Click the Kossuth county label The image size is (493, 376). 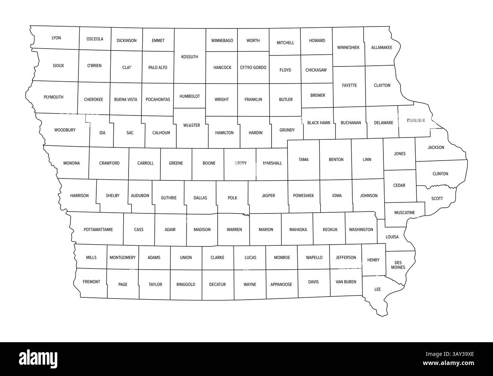click(x=190, y=57)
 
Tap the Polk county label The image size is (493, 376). click(x=232, y=198)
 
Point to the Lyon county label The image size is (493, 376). click(x=56, y=38)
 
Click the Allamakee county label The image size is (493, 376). click(x=382, y=47)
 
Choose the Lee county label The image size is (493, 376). click(x=377, y=289)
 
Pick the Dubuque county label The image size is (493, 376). click(x=416, y=120)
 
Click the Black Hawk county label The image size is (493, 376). click(x=319, y=123)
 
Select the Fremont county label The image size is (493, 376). click(x=91, y=282)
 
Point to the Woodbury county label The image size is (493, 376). click(x=65, y=130)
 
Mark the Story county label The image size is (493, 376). click(x=241, y=163)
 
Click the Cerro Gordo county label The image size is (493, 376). click(x=253, y=68)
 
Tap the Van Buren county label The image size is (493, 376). click(x=346, y=282)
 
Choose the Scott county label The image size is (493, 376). click(x=437, y=199)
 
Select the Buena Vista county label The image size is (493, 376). click(x=126, y=100)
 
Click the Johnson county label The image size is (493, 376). click(x=369, y=196)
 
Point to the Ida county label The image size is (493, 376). click(x=102, y=133)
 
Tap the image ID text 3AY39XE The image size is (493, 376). click(x=455, y=354)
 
